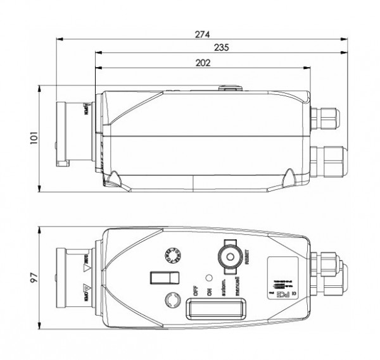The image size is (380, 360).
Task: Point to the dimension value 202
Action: pyautogui.click(x=203, y=63)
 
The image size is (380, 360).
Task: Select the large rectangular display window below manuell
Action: pyautogui.click(x=216, y=310)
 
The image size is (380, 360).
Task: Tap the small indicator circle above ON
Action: pyautogui.click(x=208, y=278)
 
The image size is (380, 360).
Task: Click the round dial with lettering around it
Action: pyautogui.click(x=172, y=254)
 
